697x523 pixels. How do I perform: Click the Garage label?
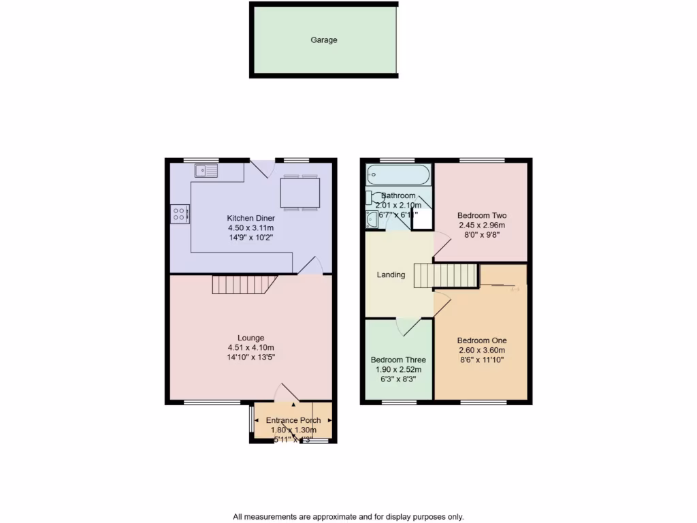(x=324, y=40)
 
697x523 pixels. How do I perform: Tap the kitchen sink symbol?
(x=205, y=170)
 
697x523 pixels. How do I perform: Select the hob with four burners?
(x=180, y=215)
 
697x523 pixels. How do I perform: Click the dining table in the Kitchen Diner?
(x=299, y=192)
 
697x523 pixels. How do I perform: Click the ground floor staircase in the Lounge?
(x=242, y=284)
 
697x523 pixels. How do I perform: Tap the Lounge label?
(x=250, y=338)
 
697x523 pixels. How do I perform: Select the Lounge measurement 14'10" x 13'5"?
(x=250, y=357)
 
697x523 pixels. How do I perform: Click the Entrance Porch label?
(x=293, y=420)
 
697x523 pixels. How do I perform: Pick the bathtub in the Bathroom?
(x=398, y=174)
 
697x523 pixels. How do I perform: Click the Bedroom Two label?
(x=481, y=215)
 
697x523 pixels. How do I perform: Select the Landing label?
(x=391, y=275)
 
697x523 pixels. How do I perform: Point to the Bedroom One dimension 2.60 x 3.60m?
(x=481, y=350)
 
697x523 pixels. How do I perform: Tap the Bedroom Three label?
(x=398, y=360)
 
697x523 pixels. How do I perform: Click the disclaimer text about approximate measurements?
(x=348, y=516)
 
